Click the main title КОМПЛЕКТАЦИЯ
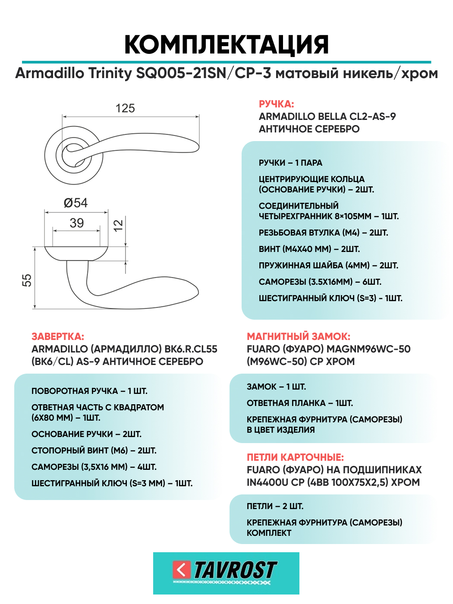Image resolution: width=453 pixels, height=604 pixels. coord(226,44)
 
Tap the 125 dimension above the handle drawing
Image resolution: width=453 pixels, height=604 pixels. coord(125,108)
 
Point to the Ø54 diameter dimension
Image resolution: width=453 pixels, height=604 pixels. coord(75,203)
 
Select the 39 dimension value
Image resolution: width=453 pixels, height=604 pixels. coord(77,223)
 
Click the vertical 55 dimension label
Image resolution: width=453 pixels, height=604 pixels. coord(27,280)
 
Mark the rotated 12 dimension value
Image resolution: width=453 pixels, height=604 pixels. coord(118,225)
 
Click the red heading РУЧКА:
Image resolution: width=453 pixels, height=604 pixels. coord(276,104)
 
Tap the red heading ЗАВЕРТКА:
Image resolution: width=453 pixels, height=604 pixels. coord(58,337)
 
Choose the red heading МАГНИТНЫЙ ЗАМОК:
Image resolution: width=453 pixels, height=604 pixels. coord(299,337)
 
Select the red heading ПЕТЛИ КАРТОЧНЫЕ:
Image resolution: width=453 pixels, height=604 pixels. coord(295,457)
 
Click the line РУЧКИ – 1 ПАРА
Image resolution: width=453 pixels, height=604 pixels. coord(290,163)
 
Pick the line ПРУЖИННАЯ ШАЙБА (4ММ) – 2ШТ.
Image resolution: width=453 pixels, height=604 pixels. coord(328,265)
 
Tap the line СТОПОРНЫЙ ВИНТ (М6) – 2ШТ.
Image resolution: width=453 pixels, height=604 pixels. coord(94,450)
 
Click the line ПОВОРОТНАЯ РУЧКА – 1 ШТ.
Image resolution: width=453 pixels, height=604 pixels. coord(89,391)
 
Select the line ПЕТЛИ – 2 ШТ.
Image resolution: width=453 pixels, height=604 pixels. coord(275,506)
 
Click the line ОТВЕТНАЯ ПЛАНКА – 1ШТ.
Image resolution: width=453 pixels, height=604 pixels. coord(300,403)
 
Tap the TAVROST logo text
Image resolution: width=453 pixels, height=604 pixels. coord(235,570)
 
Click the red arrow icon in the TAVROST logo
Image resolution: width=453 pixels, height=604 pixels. coord(182,569)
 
